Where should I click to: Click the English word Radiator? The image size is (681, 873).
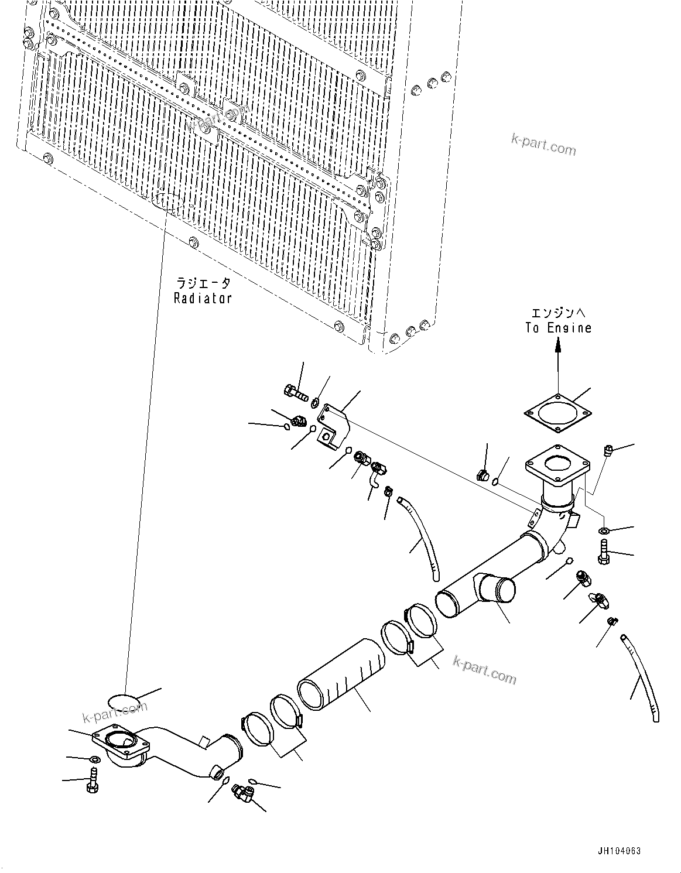click(203, 298)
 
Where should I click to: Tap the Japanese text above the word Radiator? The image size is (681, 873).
click(203, 283)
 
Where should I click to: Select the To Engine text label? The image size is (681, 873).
click(558, 327)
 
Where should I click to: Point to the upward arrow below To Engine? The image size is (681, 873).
click(558, 363)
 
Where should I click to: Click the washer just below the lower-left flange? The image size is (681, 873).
click(94, 759)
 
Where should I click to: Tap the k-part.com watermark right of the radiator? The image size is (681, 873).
click(543, 145)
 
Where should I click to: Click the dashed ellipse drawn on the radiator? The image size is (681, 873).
click(168, 201)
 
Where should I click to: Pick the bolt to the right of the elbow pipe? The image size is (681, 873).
click(604, 553)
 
